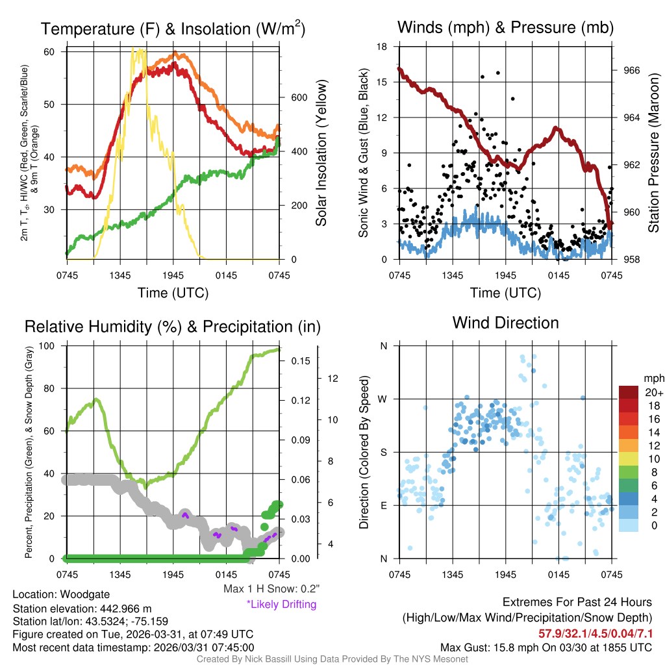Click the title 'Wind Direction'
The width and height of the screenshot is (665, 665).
[505, 323]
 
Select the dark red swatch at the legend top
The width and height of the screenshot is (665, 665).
[629, 392]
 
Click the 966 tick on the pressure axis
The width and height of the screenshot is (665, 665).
[632, 70]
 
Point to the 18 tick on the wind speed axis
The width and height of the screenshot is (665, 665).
[383, 47]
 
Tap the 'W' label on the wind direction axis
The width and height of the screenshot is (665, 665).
[383, 399]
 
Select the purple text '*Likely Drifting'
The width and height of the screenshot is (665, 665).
[281, 604]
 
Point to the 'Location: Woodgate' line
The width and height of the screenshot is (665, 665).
[61, 594]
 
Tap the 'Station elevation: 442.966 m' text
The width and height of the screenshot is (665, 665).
[82, 609]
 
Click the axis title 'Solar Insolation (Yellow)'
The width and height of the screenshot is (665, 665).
[321, 153]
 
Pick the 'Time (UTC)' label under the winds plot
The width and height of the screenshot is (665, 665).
[506, 293]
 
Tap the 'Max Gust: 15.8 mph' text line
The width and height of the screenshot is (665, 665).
[546, 647]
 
